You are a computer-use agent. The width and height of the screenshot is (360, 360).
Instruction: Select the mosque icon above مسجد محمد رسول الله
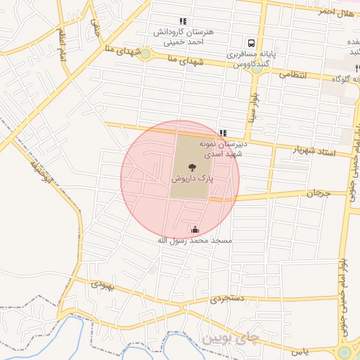tap(195, 229)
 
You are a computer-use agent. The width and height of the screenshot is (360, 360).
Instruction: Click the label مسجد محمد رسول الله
tap(194, 240)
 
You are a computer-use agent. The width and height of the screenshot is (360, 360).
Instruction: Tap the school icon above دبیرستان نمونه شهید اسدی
tap(223, 132)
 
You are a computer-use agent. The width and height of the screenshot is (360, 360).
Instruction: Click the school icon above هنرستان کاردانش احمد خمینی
tap(184, 21)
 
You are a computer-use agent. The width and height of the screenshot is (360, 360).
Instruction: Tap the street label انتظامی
tap(295, 74)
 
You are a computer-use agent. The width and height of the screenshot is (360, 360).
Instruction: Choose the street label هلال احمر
tap(335, 13)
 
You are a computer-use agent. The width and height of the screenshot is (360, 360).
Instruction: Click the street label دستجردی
tap(228, 300)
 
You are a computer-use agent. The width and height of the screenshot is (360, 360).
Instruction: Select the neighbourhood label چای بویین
tap(231, 338)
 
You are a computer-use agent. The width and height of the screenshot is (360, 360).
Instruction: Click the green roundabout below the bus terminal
tap(257, 68)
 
